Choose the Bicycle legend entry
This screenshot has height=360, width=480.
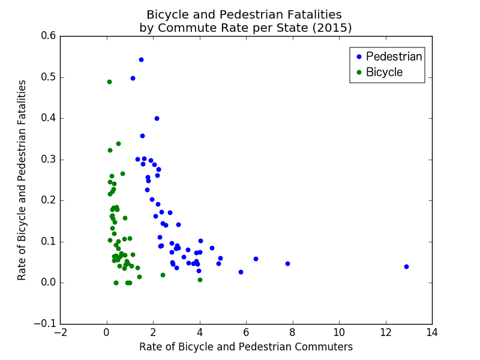(384, 72)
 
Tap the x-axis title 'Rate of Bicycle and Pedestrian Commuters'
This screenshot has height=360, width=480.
(246, 347)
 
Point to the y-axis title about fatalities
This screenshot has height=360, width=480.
(22, 180)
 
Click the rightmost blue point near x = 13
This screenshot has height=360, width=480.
(406, 266)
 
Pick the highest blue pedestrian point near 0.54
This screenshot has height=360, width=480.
(141, 59)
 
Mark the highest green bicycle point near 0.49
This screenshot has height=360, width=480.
(109, 82)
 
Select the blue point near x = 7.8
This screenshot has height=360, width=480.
(287, 263)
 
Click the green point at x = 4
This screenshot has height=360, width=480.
(200, 280)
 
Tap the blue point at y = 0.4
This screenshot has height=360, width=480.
(157, 118)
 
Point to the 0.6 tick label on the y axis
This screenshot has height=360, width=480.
(49, 36)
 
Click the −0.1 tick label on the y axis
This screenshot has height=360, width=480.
(46, 324)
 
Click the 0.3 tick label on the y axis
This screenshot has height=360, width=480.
(49, 160)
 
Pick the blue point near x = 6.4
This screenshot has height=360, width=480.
(256, 259)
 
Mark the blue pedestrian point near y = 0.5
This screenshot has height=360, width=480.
(133, 78)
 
